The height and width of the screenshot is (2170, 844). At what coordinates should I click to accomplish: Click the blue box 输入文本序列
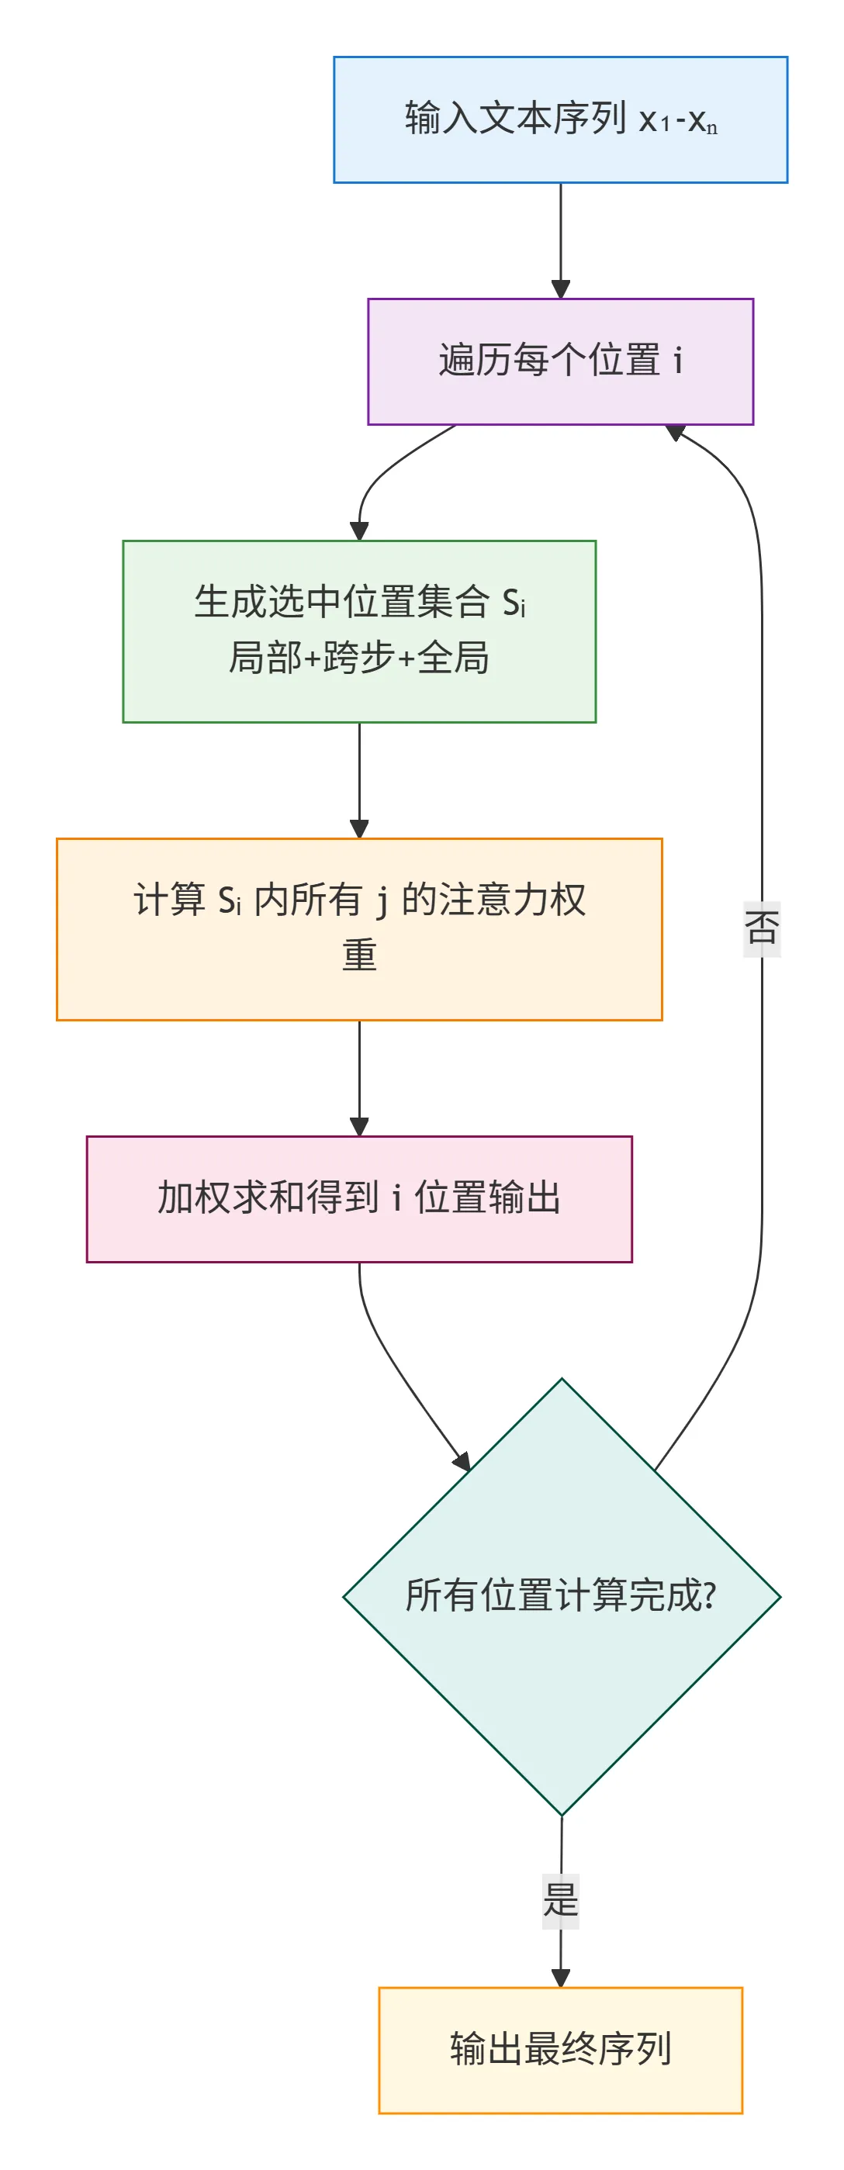[560, 119]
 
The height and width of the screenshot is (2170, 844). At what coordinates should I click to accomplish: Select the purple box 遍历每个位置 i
[560, 361]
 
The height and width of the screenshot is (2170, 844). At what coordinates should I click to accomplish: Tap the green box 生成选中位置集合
[359, 631]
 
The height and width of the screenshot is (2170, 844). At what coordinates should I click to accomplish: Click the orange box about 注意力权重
[359, 928]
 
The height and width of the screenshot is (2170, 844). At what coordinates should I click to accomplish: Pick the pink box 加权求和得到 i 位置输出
[359, 1198]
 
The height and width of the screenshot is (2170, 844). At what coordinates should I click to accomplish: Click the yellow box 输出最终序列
[560, 2050]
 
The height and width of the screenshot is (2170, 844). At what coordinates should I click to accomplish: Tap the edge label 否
[762, 928]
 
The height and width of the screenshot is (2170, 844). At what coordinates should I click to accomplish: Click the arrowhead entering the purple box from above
[561, 289]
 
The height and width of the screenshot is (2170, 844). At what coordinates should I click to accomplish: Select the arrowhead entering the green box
[360, 530]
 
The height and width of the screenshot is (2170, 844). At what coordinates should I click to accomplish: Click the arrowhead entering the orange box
[360, 828]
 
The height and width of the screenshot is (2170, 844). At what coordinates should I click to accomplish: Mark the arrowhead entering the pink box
[360, 1126]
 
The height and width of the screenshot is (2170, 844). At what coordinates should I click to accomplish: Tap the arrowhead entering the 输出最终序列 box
[561, 1978]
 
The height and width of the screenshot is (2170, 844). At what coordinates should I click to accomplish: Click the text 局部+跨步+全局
[359, 658]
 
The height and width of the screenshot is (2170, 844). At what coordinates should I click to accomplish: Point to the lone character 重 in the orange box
[359, 956]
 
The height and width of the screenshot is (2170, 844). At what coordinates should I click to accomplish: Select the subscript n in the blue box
[712, 128]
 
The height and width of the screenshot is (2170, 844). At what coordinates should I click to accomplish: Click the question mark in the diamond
[709, 1595]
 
